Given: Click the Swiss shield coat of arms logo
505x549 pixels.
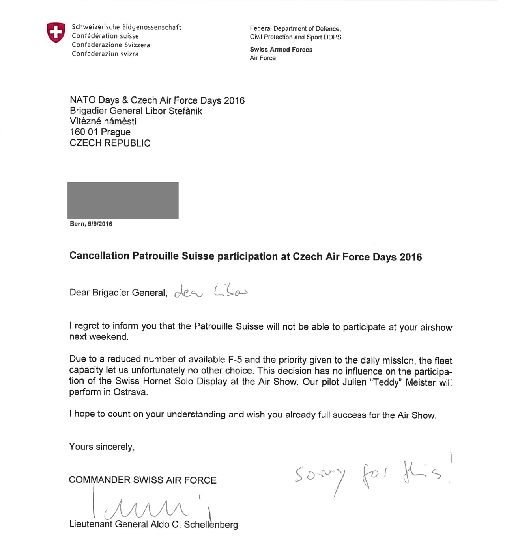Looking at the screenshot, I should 56,32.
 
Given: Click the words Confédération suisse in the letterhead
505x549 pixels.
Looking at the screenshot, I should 105,36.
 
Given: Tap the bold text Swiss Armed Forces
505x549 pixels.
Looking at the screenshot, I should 281,50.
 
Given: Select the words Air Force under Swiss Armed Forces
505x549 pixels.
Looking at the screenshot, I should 262,58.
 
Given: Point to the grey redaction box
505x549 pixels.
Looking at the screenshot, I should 123,200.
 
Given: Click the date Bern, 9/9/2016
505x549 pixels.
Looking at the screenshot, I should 91,224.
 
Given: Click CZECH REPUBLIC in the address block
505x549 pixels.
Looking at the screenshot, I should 110,143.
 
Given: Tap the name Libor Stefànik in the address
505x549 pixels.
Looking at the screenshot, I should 174,111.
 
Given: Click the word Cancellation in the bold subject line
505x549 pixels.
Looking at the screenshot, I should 99,256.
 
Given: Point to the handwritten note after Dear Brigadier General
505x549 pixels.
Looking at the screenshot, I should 211,291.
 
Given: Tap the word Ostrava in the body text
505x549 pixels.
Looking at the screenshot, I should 131,392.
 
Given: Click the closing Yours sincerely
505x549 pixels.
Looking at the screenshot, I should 102,447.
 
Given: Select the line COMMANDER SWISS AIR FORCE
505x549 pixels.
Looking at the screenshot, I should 142,480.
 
